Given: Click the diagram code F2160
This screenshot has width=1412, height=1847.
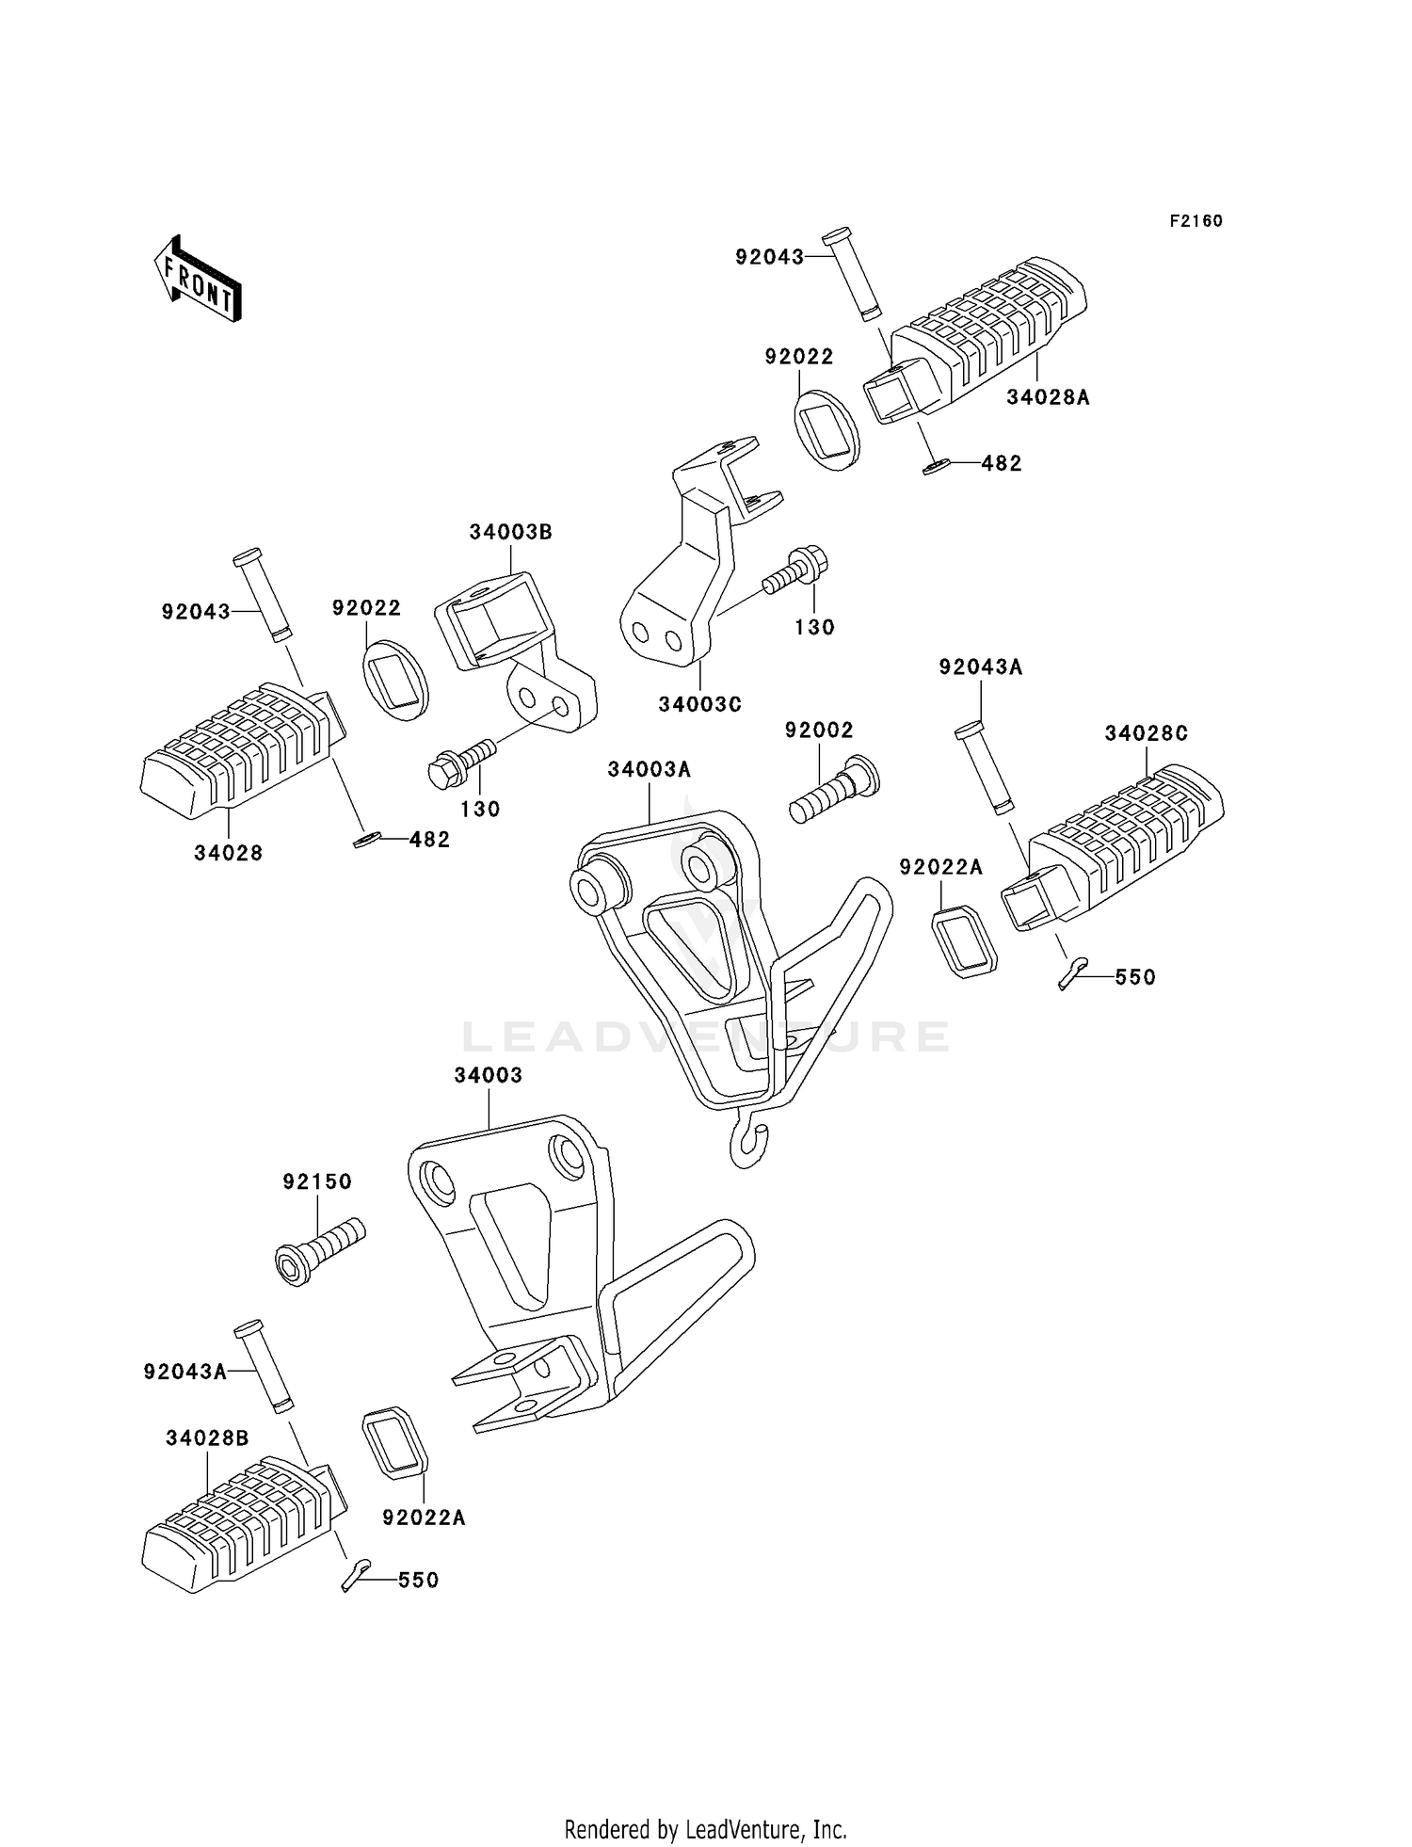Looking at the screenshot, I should tap(1195, 221).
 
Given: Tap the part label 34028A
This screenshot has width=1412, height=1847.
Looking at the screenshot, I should tap(1048, 397).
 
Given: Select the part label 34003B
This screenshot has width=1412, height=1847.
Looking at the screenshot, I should tap(510, 532).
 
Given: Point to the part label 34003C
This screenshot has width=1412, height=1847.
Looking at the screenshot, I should tap(699, 703).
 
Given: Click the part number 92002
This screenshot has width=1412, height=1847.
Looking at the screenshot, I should tap(819, 731).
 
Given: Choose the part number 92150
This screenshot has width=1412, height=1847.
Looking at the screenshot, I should tap(317, 1181).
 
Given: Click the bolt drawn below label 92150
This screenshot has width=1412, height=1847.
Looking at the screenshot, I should tap(320, 1246).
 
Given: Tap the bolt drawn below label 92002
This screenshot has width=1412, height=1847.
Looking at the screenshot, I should tap(833, 791).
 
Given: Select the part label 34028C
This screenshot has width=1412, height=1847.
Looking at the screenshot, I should tap(1146, 733).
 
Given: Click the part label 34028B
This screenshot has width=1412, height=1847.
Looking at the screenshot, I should tap(207, 1438).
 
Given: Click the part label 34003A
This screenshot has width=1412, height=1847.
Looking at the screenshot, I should tap(649, 769).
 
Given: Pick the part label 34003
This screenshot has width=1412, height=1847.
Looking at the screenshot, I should tap(488, 1075).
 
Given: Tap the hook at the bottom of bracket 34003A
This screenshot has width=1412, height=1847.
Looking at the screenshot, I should tap(747, 1144).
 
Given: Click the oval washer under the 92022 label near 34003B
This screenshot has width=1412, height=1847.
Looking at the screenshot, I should tap(395, 680).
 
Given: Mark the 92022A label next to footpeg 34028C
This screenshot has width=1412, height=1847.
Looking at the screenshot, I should tap(940, 867).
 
